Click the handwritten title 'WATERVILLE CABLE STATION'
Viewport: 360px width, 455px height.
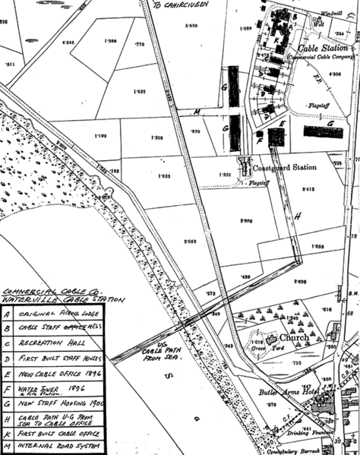pos(49,298)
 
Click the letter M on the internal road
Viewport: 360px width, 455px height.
pos(196,112)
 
